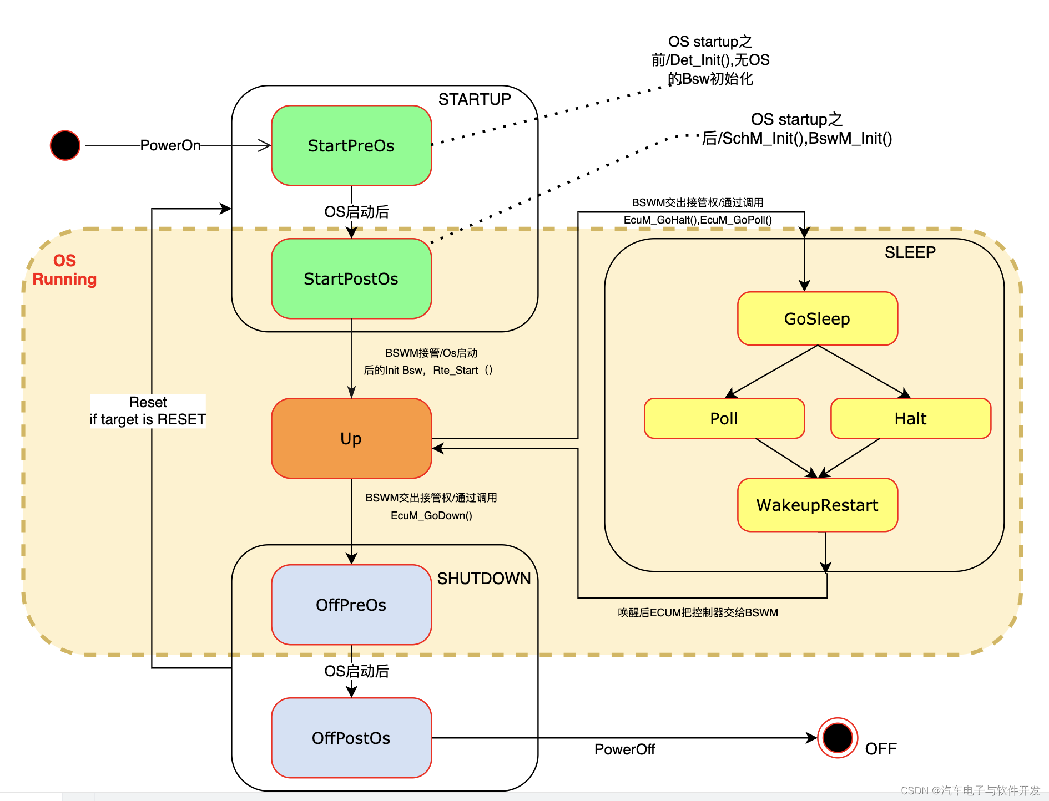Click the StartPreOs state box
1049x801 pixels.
click(351, 145)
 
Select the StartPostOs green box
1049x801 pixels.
click(351, 278)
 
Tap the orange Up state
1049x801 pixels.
click(351, 438)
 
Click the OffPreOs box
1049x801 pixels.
click(351, 605)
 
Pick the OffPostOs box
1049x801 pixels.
click(351, 738)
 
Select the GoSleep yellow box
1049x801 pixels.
click(817, 318)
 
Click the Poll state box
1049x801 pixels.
click(724, 418)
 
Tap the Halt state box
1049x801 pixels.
click(910, 418)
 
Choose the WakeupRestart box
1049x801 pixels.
click(817, 505)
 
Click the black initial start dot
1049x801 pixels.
click(65, 145)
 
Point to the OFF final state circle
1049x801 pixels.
click(838, 738)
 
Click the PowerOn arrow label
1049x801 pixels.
click(170, 145)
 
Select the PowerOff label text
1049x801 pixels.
click(624, 749)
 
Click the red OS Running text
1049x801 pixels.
click(64, 270)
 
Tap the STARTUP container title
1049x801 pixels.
click(474, 99)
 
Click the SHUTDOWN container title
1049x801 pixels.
click(483, 579)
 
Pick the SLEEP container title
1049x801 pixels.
click(910, 252)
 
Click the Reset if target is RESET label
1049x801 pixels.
click(148, 410)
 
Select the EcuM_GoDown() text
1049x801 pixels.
click(431, 515)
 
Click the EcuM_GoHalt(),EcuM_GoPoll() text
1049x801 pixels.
click(698, 220)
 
